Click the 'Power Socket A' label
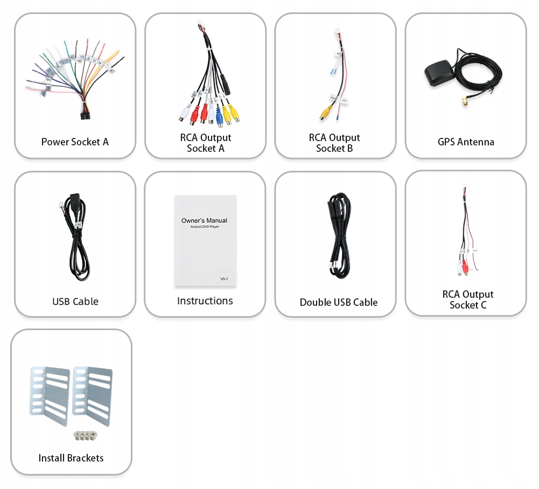(x=75, y=142)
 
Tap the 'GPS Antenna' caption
(x=466, y=142)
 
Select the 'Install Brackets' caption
(x=71, y=458)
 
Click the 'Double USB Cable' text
(x=339, y=303)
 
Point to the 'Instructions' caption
(x=205, y=301)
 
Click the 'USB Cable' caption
(x=75, y=302)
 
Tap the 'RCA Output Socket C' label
(x=468, y=299)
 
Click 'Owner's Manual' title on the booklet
(x=204, y=220)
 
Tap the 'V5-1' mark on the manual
(x=225, y=278)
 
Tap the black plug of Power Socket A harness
(x=84, y=115)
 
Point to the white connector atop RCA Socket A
(x=201, y=25)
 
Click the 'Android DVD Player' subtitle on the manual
(x=205, y=227)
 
